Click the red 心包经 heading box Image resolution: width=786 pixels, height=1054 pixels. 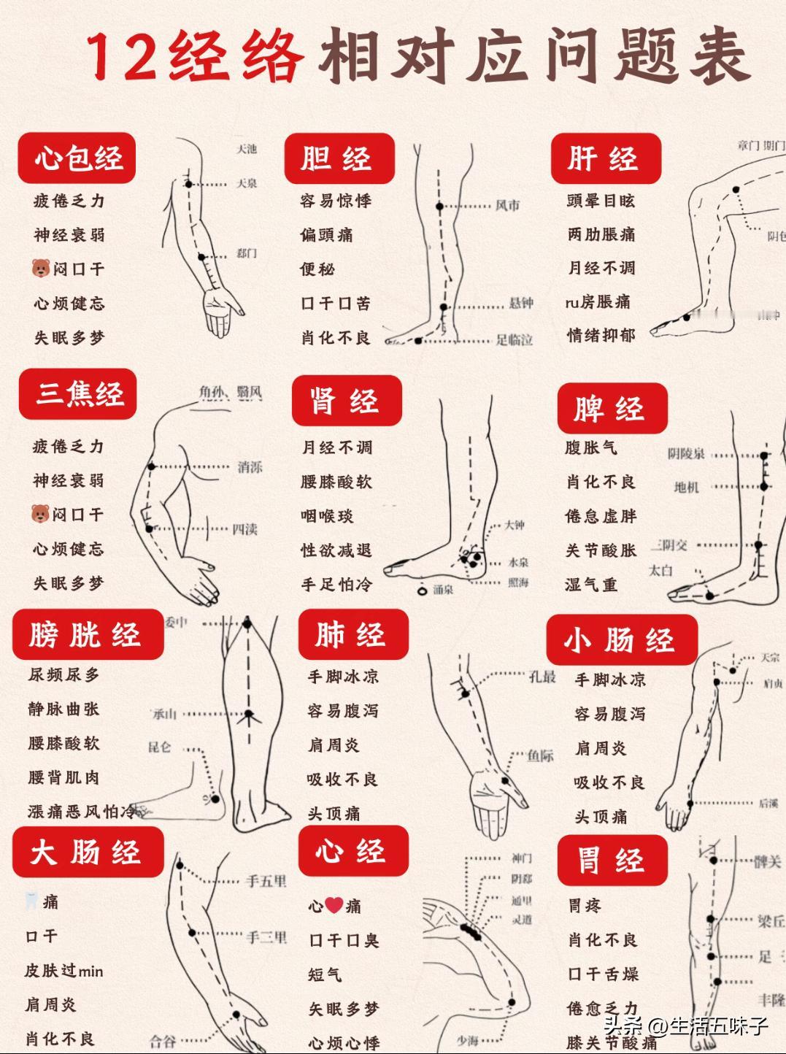click(x=77, y=158)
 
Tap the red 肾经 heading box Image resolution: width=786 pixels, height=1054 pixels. click(x=347, y=401)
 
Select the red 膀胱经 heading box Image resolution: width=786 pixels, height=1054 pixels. click(x=87, y=634)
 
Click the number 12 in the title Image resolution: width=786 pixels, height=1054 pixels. click(x=121, y=57)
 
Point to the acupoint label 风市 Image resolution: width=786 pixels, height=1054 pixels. click(x=508, y=206)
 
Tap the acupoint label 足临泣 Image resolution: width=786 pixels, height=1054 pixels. click(x=514, y=339)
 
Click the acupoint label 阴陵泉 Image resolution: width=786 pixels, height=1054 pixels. click(x=686, y=454)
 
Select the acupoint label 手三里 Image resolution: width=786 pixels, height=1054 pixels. click(x=266, y=936)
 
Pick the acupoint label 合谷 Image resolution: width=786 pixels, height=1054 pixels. click(x=163, y=1041)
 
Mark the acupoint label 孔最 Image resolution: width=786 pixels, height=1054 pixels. click(x=542, y=677)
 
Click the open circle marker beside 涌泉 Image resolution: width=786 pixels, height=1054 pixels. click(x=421, y=590)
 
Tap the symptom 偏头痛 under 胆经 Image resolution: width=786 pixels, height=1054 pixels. click(x=326, y=235)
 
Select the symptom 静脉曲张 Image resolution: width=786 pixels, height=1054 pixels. click(x=63, y=709)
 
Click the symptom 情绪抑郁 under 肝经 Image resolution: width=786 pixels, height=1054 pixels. click(x=601, y=336)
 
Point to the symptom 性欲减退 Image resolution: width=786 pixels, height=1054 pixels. click(x=336, y=550)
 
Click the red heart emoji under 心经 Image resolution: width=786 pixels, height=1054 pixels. click(x=334, y=906)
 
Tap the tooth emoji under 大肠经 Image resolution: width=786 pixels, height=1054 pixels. click(x=31, y=901)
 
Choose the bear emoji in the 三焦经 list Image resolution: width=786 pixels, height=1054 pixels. click(x=40, y=515)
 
